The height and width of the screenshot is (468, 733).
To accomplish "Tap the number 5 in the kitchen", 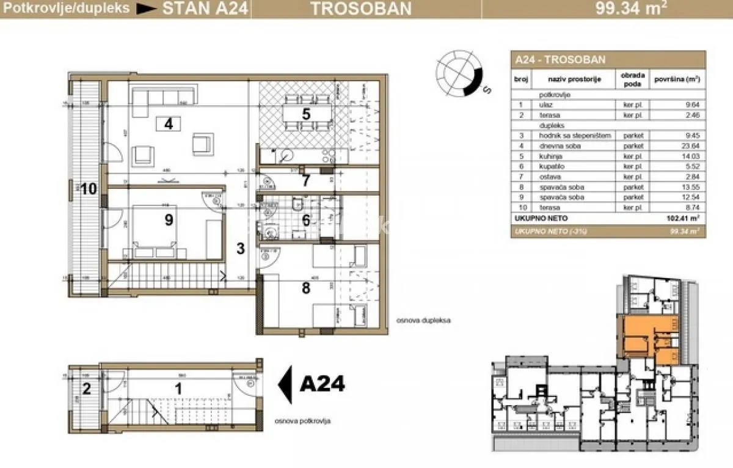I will pos(307,113).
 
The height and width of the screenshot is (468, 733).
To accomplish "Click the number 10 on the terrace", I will pos(89,189).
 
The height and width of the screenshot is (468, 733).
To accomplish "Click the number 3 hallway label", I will pos(241,249).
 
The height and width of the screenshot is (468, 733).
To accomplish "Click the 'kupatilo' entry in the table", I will pos(550,166).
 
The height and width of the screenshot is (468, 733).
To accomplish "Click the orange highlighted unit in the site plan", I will pos(641,339).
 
